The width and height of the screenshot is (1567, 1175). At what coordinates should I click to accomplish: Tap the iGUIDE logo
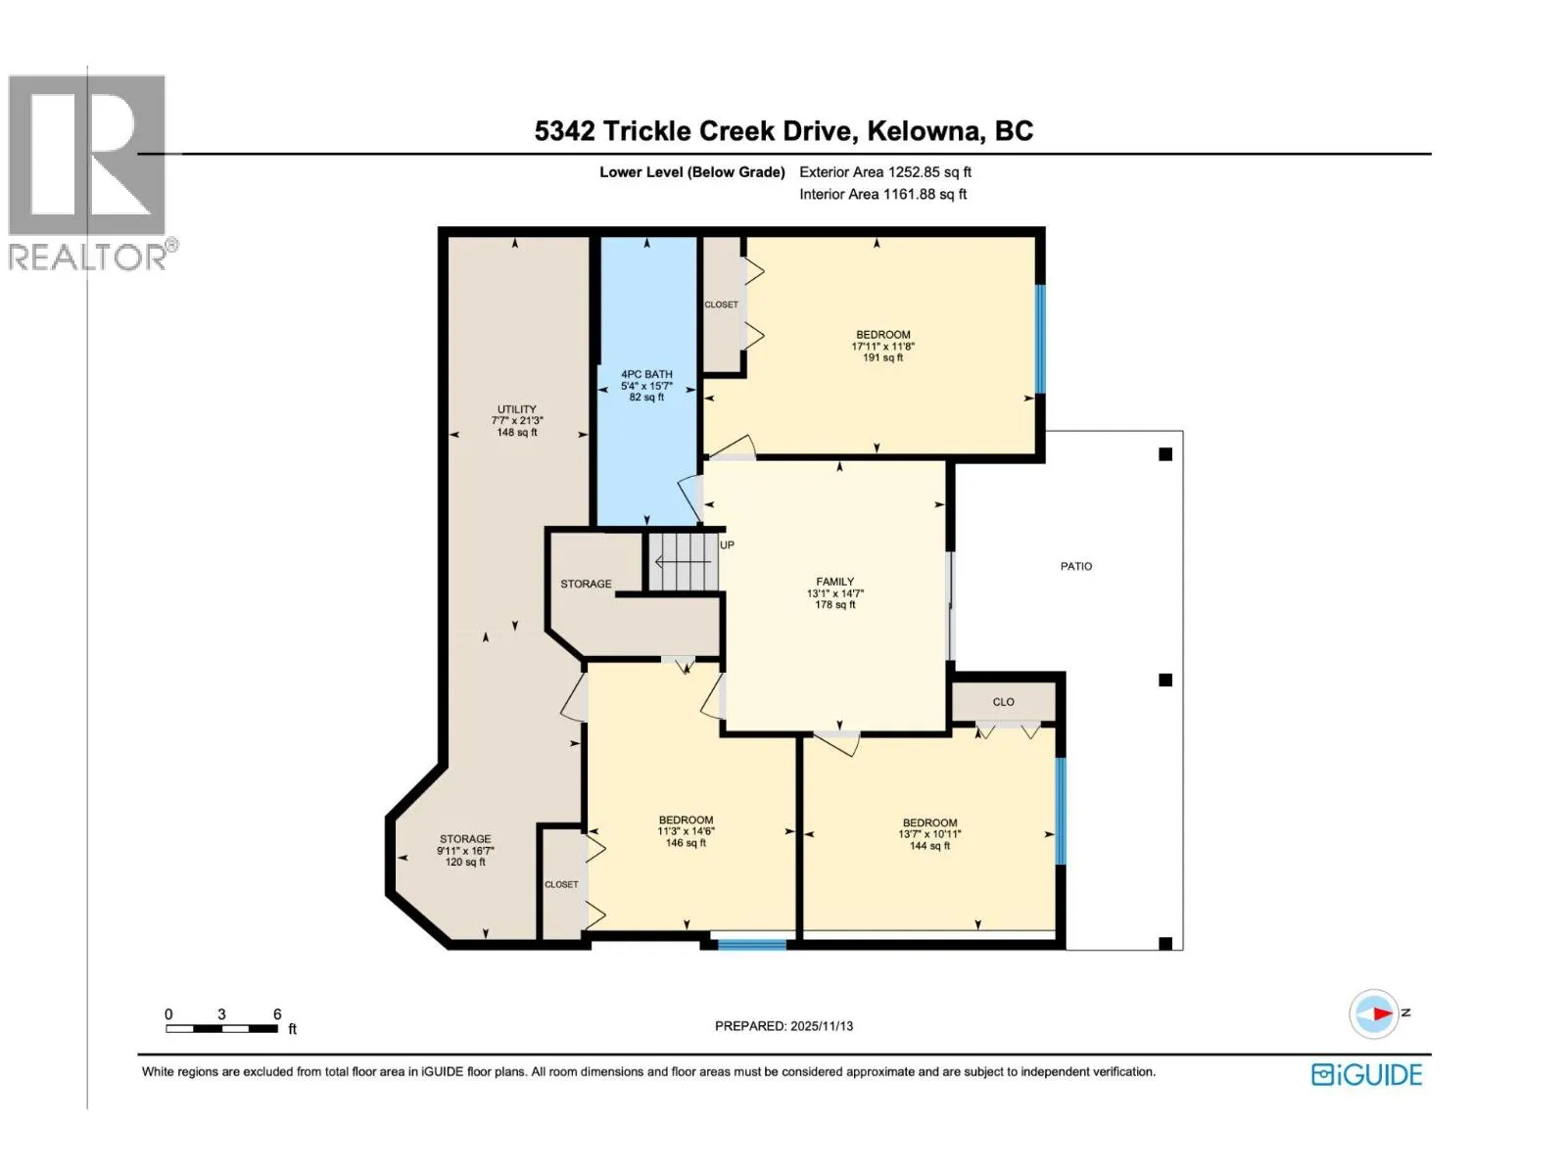(x=1366, y=1074)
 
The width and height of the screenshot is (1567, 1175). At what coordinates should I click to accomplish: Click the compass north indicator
(x=1375, y=1013)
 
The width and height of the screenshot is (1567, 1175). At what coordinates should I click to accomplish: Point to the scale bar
(x=222, y=1029)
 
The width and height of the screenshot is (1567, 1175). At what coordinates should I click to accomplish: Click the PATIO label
(x=1075, y=567)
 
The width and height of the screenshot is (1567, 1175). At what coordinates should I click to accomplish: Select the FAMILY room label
(x=835, y=582)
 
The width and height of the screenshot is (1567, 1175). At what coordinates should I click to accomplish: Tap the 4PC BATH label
(x=646, y=374)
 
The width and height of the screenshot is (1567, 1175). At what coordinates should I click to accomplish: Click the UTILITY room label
(x=517, y=409)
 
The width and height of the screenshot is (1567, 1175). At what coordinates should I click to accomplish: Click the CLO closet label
(x=1003, y=702)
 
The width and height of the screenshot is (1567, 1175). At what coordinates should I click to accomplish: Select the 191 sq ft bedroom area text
(x=883, y=357)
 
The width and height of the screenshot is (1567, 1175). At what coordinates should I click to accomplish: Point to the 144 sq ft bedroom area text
(x=929, y=846)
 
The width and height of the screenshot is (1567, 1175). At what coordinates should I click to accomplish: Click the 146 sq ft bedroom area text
(x=687, y=843)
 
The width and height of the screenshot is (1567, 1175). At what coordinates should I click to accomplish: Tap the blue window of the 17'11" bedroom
(x=1040, y=339)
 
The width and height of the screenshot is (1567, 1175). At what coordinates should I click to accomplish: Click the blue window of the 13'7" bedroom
(x=1061, y=811)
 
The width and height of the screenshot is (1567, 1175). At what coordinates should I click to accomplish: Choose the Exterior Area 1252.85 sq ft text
(x=885, y=172)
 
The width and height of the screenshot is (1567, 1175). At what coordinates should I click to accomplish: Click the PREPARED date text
(x=783, y=1026)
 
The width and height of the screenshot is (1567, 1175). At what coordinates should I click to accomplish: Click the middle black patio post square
(x=1165, y=680)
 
